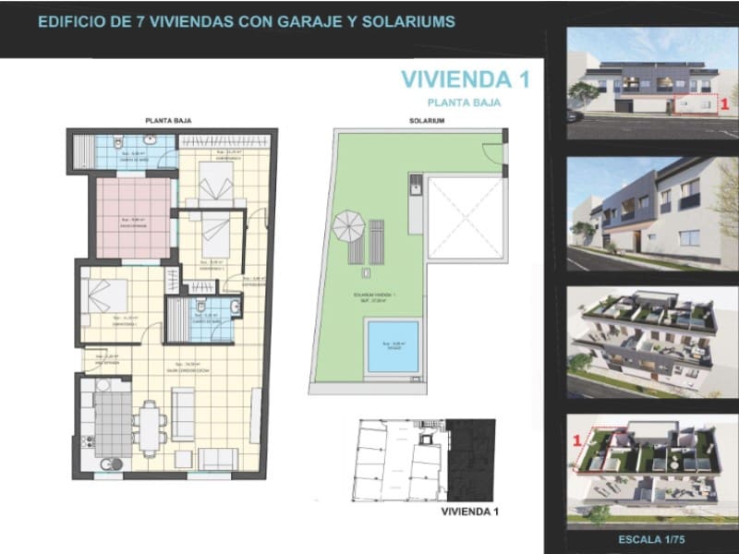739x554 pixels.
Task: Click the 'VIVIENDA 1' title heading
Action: click(465, 79)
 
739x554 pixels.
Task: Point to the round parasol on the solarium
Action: click(349, 223)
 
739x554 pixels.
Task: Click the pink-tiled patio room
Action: click(134, 218)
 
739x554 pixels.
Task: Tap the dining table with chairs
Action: click(150, 427)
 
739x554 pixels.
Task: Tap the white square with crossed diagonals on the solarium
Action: click(466, 217)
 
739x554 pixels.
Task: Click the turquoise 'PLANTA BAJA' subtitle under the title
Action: click(464, 103)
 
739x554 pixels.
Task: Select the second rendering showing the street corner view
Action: click(653, 214)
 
